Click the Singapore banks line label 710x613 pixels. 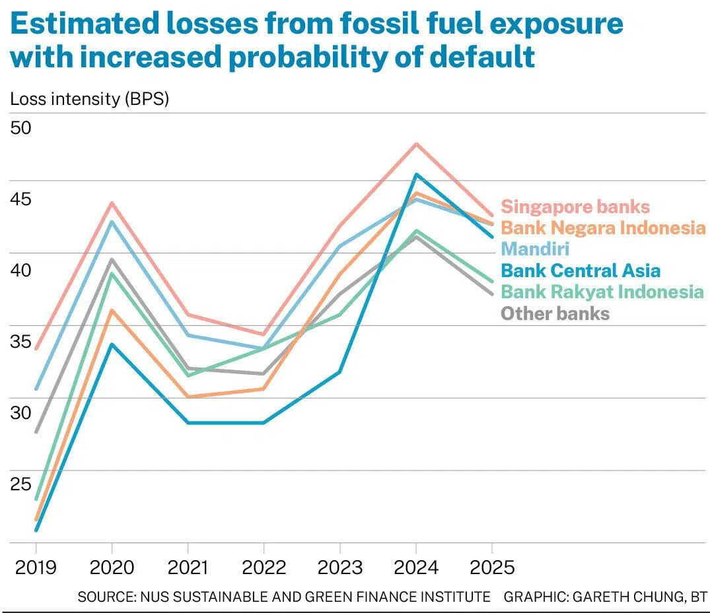tap(575, 207)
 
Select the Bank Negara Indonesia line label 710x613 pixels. tap(603, 228)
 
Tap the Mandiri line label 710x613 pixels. tap(535, 249)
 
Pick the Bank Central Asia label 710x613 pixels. tap(581, 271)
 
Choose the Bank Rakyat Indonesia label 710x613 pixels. tap(602, 292)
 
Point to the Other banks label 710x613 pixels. tap(555, 313)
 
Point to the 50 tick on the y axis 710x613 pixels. tap(21, 127)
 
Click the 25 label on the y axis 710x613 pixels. tap(21, 484)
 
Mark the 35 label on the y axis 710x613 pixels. tap(21, 342)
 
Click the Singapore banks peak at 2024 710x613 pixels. tap(415, 144)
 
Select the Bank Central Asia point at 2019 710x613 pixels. tap(36, 529)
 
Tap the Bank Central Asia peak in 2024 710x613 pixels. tap(415, 175)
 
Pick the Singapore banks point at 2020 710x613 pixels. tap(112, 203)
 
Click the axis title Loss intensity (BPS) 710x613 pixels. tap(90, 100)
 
